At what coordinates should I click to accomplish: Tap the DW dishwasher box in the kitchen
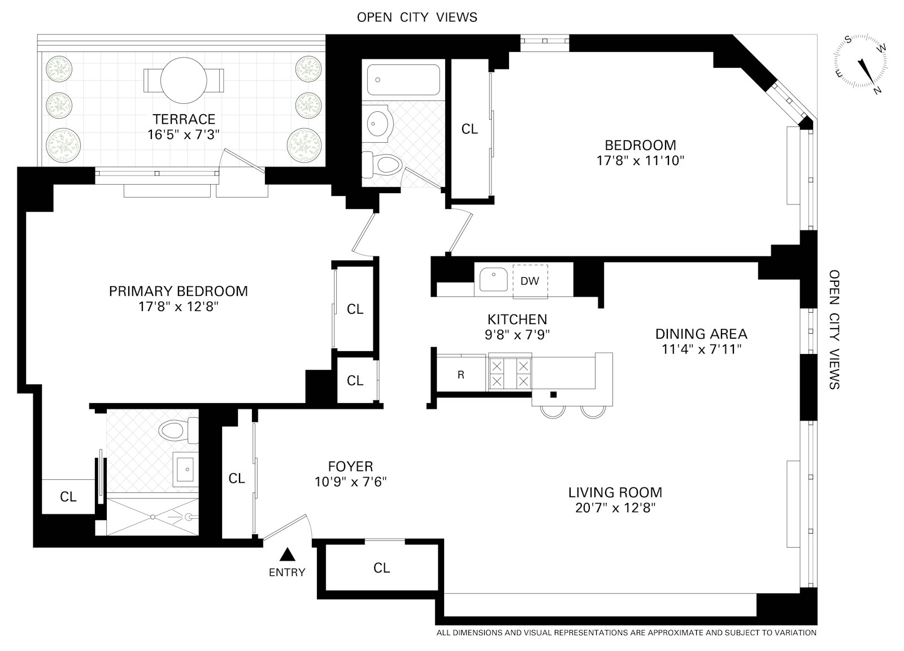point(530,281)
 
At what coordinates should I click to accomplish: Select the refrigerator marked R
point(461,374)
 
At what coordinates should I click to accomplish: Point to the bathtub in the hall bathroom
point(403,80)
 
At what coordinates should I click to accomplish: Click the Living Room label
point(615,492)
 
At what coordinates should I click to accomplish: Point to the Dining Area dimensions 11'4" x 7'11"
point(701,349)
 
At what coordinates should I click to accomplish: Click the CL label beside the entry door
point(237,478)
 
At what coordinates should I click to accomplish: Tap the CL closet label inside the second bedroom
point(470,129)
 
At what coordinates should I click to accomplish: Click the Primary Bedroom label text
point(178,291)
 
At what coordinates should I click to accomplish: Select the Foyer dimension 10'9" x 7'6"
point(350,482)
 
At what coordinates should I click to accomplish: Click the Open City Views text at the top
point(417,17)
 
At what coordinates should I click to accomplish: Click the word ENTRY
point(286,573)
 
